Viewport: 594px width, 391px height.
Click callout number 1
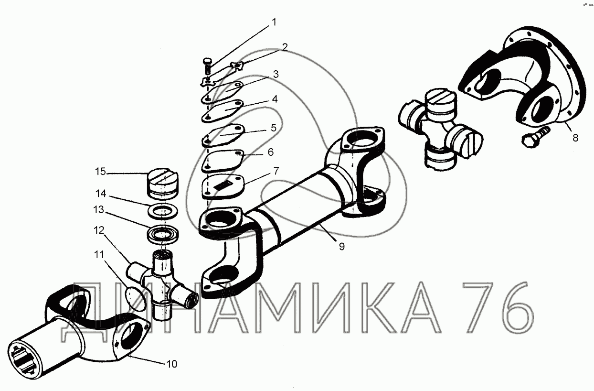[274, 22]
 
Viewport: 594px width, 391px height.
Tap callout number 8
[575, 138]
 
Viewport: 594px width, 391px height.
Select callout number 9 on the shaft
[342, 247]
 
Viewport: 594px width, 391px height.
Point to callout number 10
[171, 364]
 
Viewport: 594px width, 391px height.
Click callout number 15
[100, 172]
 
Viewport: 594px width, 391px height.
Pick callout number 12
[99, 230]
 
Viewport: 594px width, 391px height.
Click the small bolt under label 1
[207, 66]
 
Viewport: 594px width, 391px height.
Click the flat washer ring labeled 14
[162, 212]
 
